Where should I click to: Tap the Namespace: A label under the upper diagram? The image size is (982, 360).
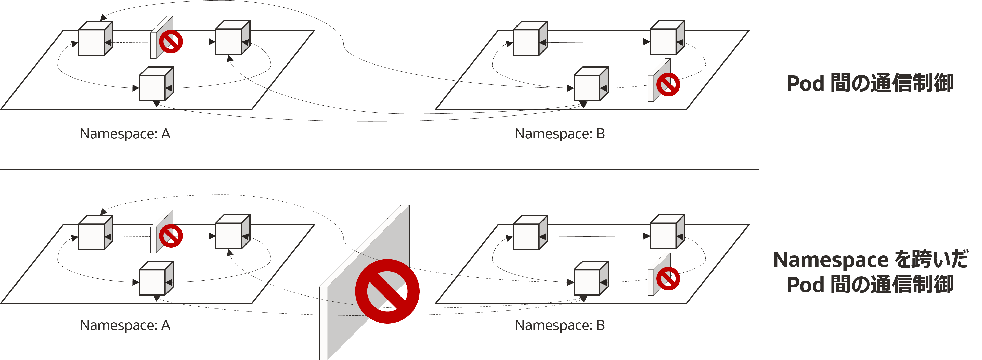[125, 134]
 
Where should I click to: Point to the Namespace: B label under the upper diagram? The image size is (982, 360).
[560, 134]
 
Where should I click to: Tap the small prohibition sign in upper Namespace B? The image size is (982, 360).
[668, 84]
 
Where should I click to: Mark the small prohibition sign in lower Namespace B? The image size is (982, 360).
[668, 278]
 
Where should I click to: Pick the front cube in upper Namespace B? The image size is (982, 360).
[591, 84]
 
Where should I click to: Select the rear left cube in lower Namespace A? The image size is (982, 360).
[96, 233]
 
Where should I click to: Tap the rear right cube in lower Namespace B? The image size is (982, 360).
[667, 232]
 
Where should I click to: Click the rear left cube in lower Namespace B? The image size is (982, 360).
[530, 233]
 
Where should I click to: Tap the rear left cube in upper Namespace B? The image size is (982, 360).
[530, 38]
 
